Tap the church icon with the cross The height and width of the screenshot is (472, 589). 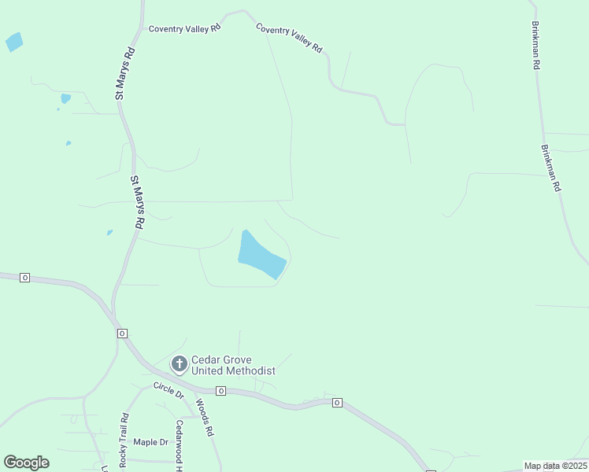coord(180,364)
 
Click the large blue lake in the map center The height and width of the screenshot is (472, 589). coord(260,256)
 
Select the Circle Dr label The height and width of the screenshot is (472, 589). coord(168,389)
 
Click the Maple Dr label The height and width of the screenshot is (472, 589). coord(150,442)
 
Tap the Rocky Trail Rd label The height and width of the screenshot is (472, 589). coord(124,441)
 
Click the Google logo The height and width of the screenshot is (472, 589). coord(26,463)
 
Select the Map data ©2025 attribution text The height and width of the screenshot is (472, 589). coord(555,466)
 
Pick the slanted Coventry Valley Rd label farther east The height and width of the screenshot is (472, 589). coord(289,37)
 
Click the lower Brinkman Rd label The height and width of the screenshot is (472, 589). coord(550,168)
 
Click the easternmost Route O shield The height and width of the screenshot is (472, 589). coord(336,403)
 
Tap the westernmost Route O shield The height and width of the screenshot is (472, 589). coord(25,278)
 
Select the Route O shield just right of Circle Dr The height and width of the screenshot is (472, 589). coord(221,391)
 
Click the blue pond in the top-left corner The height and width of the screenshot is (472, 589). coord(14,42)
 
